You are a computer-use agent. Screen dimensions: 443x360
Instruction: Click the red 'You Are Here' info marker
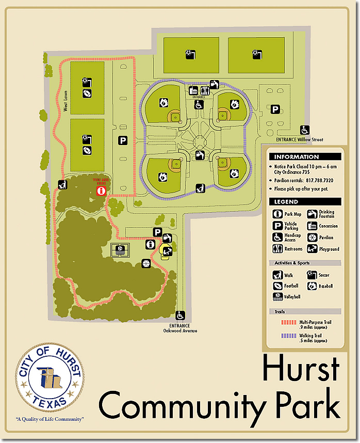[101, 191]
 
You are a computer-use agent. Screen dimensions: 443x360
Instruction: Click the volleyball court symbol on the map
[120, 250]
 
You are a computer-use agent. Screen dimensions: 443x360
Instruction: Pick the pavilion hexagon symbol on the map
[146, 264]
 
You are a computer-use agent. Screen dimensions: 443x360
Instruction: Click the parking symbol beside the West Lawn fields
[123, 140]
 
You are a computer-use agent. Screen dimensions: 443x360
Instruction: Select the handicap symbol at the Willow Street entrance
[305, 130]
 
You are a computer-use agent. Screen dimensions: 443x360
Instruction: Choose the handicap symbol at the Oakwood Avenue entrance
[181, 315]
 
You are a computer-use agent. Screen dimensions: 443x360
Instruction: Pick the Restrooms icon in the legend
[277, 249]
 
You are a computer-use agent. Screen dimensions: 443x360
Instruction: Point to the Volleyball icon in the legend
[277, 297]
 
